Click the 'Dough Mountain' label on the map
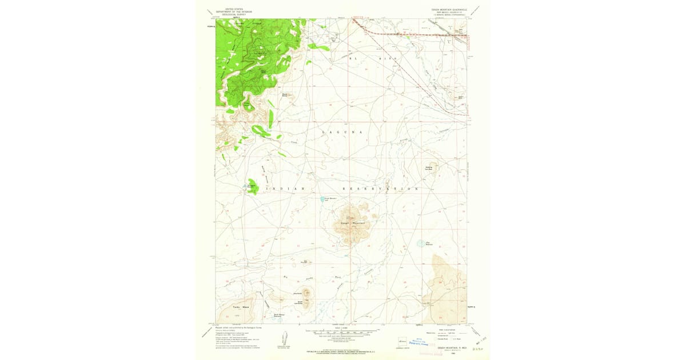(x=352, y=223)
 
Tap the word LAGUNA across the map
(x=342, y=132)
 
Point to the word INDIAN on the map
(x=285, y=189)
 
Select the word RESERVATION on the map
(x=380, y=189)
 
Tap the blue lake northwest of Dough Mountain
(x=323, y=199)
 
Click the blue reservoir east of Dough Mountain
(x=421, y=243)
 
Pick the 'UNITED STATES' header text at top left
(x=234, y=10)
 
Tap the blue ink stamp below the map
(x=424, y=341)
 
